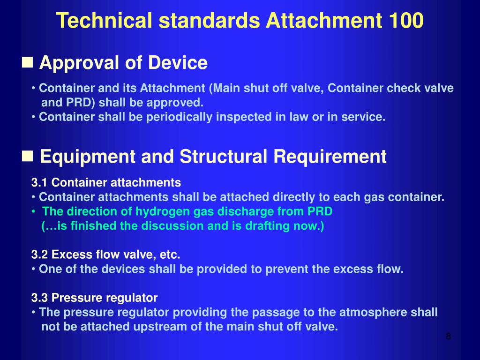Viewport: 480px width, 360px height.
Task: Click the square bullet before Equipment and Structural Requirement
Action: (28, 156)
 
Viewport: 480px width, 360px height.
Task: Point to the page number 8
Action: (448, 337)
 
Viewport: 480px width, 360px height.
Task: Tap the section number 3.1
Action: (40, 182)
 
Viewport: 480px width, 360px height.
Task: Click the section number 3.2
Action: (40, 255)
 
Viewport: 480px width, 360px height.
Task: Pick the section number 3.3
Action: (40, 298)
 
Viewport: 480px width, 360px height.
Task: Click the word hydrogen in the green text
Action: (158, 211)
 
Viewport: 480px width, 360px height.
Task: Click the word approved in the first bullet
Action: (180, 103)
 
